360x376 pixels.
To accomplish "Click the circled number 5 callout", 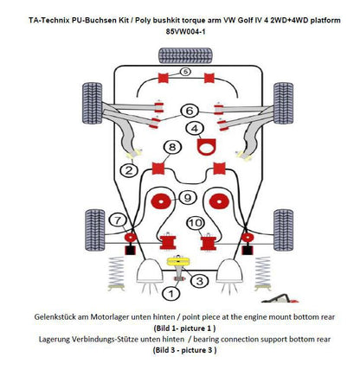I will (x=185, y=73).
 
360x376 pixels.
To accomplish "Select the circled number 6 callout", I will (x=188, y=110).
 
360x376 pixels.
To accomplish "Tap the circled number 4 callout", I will (x=197, y=130).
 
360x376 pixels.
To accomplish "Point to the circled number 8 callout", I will (x=174, y=147).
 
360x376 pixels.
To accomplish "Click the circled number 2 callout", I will (x=128, y=170).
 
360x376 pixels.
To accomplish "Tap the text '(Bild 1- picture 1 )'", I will (x=179, y=329).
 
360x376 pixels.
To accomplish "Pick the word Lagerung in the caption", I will (x=48, y=341).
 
